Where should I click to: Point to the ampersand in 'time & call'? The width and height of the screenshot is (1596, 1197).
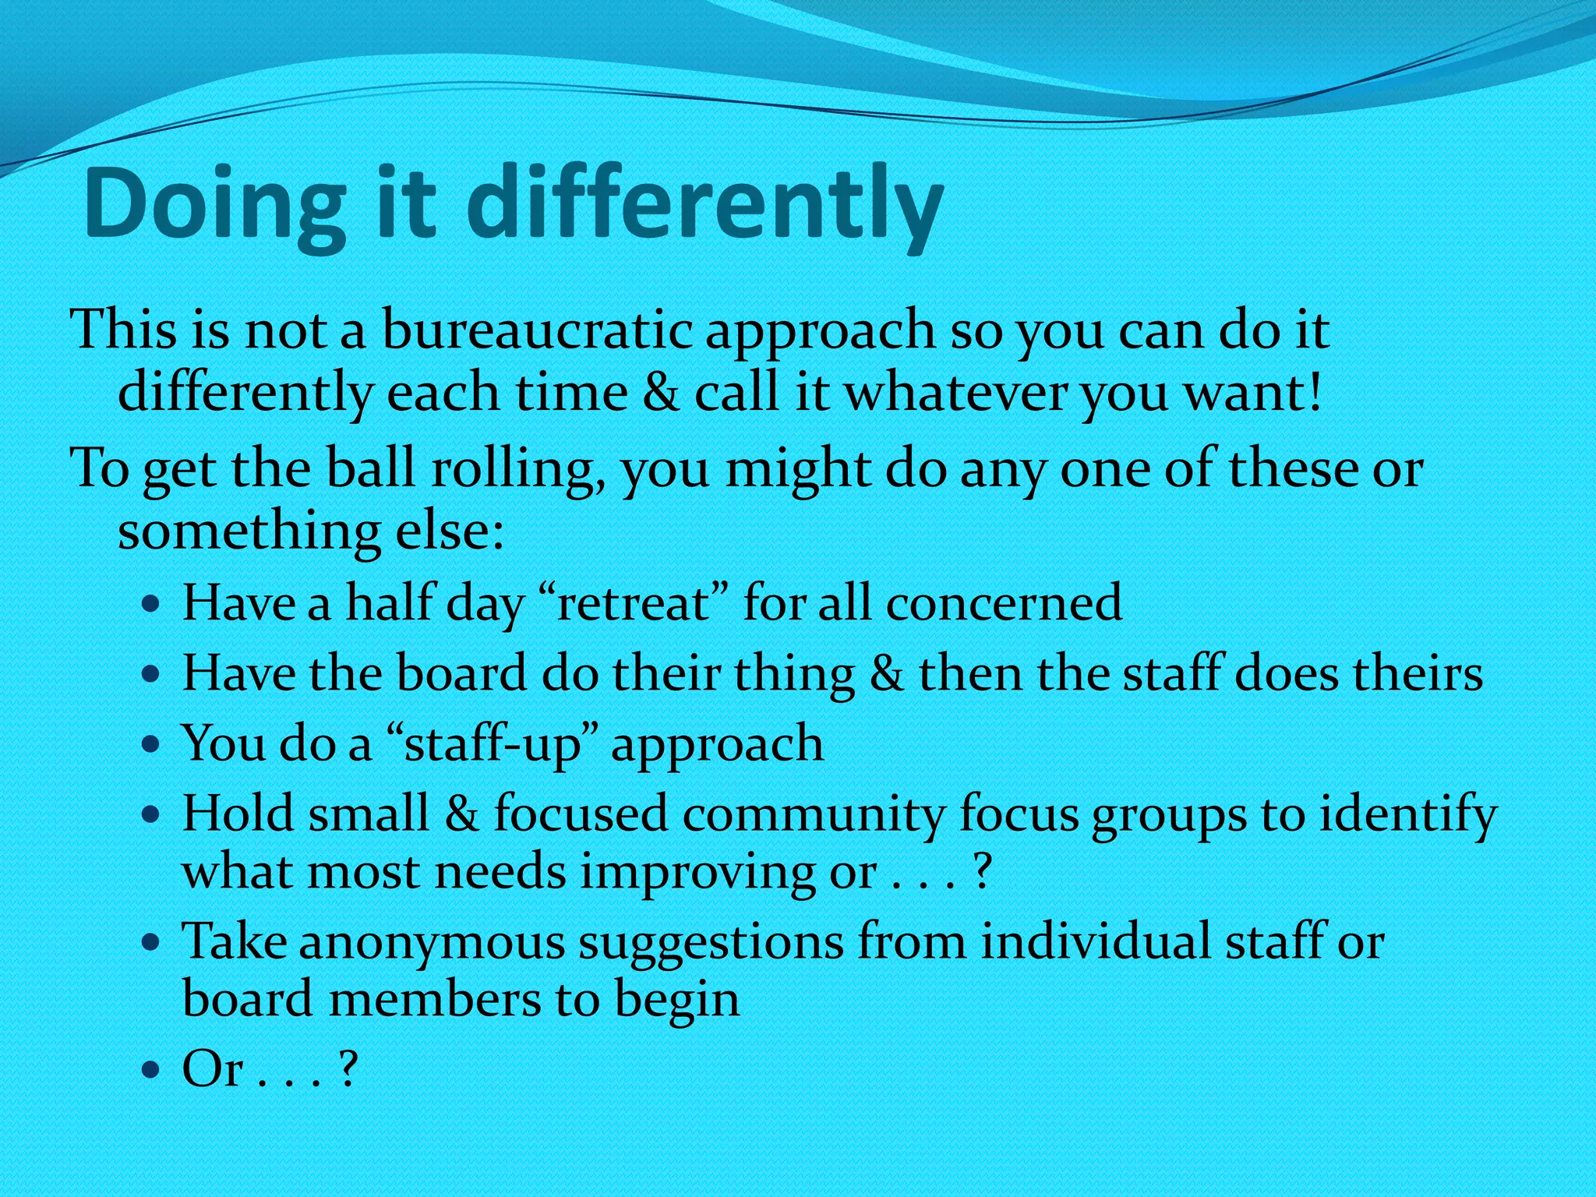661,392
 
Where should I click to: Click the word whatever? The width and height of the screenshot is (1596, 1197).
956,392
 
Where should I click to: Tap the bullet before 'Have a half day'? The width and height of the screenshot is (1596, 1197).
152,604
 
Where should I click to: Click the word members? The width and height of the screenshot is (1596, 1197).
435,1001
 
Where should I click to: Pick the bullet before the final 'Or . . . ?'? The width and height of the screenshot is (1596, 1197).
152,1070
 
